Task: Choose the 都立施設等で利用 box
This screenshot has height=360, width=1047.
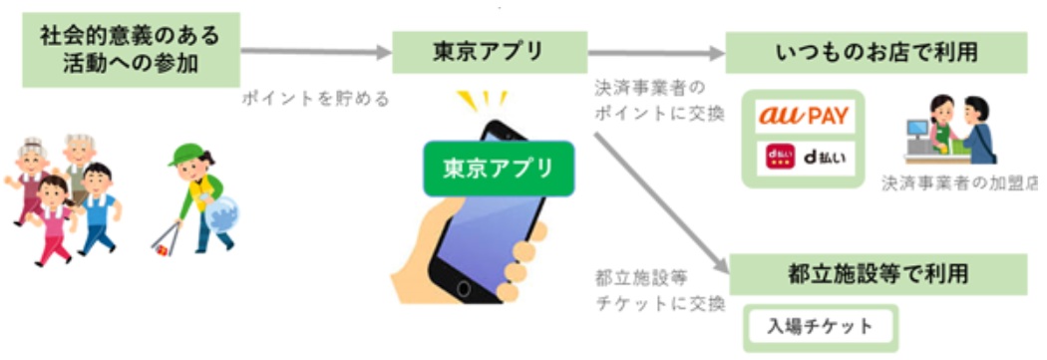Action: coord(878,272)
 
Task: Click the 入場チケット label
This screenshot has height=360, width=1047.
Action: coord(820,326)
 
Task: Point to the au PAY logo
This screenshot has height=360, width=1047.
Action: coord(803,116)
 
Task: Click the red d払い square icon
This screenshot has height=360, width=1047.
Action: coord(778,158)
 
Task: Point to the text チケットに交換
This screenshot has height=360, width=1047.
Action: coord(657,304)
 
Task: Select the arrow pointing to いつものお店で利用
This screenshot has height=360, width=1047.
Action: coord(654,53)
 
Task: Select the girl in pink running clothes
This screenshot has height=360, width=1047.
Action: coord(54,214)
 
